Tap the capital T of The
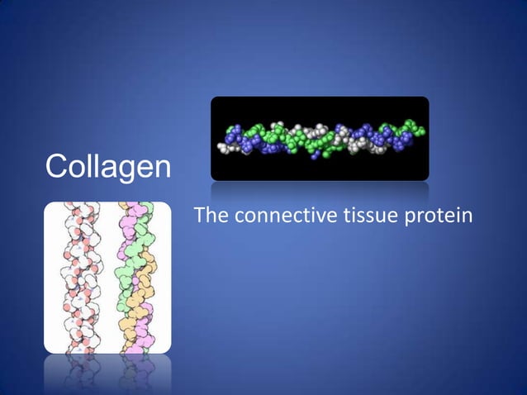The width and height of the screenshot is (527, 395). click(198, 217)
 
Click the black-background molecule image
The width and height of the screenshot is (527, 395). click(320, 138)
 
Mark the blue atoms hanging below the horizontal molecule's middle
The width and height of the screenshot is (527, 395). click(317, 154)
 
